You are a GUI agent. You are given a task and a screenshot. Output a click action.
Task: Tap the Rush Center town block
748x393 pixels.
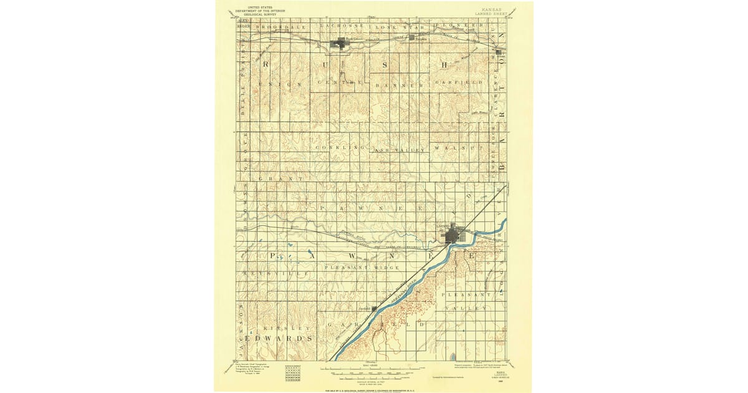341,43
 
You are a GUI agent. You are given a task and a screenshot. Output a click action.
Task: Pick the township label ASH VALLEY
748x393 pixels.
399,150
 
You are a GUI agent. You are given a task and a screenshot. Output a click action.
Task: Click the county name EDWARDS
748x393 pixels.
275,338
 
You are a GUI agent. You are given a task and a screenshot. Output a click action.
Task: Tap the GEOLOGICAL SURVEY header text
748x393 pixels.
252,14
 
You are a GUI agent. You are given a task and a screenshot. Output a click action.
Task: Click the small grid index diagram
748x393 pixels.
292,372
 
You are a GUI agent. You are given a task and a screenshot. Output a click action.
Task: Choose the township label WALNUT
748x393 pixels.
459,148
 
